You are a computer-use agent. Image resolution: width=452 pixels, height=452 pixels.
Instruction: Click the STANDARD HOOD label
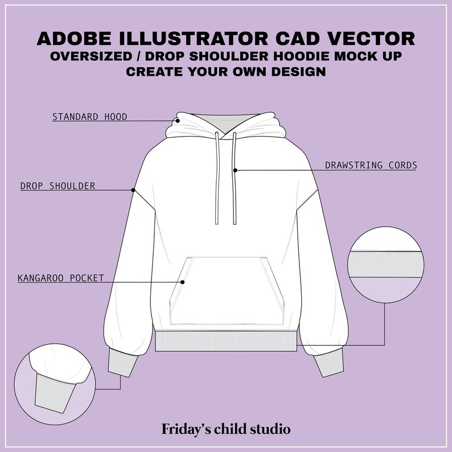tap(89, 117)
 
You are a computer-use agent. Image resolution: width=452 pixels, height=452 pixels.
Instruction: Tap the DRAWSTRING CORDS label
tap(371, 166)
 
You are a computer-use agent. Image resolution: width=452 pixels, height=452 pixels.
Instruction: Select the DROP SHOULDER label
tap(57, 186)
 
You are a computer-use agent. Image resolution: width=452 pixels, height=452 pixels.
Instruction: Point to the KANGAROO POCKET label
tap(61, 278)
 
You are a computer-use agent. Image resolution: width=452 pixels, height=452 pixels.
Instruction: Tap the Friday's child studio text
tap(226, 428)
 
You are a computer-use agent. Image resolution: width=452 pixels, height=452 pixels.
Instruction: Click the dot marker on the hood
tap(178, 120)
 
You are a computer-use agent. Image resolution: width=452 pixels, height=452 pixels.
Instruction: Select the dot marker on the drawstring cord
tap(235, 170)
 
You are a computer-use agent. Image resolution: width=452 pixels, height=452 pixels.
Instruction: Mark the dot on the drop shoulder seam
tap(133, 190)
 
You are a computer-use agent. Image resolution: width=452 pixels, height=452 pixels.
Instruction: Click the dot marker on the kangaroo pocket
tap(183, 281)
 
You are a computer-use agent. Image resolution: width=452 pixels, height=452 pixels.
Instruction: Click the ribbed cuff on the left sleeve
tap(123, 361)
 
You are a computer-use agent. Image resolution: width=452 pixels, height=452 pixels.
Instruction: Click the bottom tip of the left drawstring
tap(216, 223)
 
